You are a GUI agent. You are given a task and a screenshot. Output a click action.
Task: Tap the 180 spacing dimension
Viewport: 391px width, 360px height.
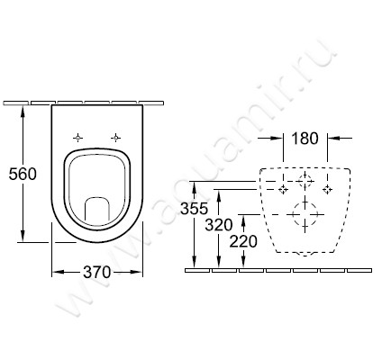[x=305, y=139]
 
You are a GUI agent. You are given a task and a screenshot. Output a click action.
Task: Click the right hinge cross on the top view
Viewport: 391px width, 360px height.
[x=115, y=138]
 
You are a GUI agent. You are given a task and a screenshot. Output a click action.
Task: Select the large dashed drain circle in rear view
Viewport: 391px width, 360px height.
[x=305, y=216]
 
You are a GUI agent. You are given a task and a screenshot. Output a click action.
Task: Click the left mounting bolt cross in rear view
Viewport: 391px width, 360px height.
[x=285, y=190]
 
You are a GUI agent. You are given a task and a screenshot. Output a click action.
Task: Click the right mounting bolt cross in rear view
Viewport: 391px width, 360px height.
[x=327, y=190]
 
